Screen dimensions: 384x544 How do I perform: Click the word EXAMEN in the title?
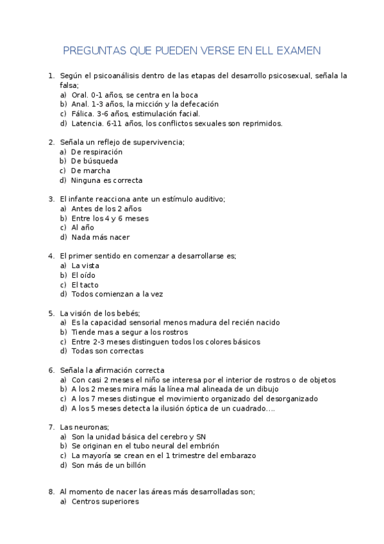point(297,50)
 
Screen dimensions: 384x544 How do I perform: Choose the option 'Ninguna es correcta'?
point(107,180)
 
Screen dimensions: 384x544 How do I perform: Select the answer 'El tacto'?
point(85,285)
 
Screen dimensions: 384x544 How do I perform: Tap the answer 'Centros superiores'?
point(105,502)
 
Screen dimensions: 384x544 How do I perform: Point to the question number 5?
point(51,313)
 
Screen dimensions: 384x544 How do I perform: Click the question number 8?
point(51,491)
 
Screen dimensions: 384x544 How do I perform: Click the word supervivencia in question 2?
point(158,142)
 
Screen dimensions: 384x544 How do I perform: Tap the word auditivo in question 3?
point(208,199)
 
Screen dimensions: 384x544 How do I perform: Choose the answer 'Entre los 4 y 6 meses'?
point(110,218)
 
